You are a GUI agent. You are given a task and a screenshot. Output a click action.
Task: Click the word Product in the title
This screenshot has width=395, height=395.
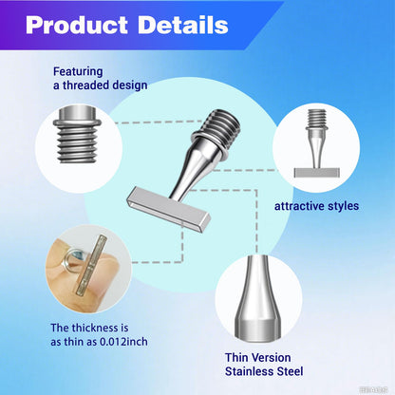[77, 25]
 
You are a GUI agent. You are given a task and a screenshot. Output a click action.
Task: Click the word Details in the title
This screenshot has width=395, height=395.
[183, 25]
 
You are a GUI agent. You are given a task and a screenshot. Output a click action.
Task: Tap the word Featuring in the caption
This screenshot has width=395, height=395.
[78, 72]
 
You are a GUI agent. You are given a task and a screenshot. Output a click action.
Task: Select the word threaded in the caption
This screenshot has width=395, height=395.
[86, 85]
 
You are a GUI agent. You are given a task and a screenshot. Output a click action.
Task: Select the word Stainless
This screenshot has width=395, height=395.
[249, 371]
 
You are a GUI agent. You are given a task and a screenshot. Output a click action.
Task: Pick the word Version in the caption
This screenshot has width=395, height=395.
[271, 357]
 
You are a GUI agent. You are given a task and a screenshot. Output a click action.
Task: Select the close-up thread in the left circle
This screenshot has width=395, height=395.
[77, 136]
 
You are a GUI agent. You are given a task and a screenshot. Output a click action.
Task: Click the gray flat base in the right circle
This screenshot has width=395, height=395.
[317, 173]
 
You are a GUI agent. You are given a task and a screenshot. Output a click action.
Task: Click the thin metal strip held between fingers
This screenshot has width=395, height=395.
[91, 264]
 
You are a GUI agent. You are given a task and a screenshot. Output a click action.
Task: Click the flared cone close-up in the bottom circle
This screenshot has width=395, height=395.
[258, 299]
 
